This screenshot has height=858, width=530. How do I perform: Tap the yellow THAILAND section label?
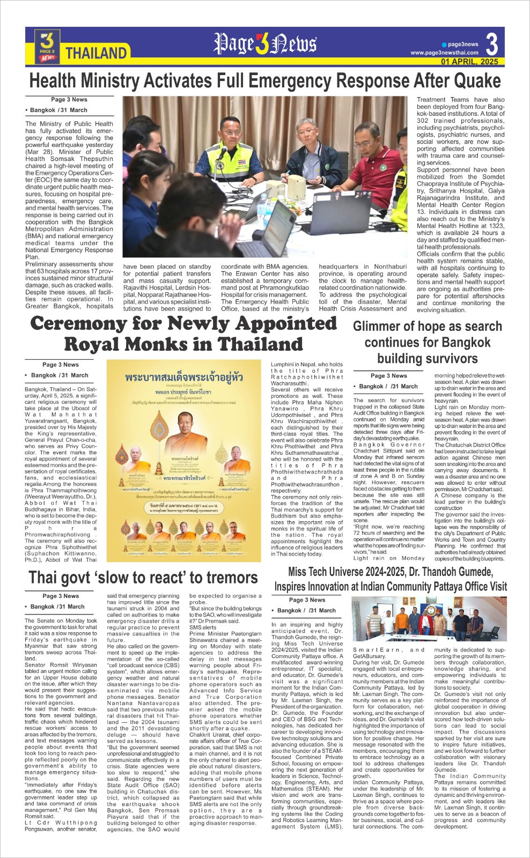[x=96, y=53]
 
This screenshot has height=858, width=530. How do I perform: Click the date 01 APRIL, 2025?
[x=469, y=62]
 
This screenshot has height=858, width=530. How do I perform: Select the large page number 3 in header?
[x=491, y=44]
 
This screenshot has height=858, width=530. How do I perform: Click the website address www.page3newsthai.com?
[x=444, y=53]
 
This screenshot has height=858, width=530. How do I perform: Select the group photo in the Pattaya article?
[x=429, y=619]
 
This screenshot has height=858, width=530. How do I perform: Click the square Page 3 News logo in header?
[x=47, y=46]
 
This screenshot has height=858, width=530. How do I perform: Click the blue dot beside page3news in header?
[x=444, y=45]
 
